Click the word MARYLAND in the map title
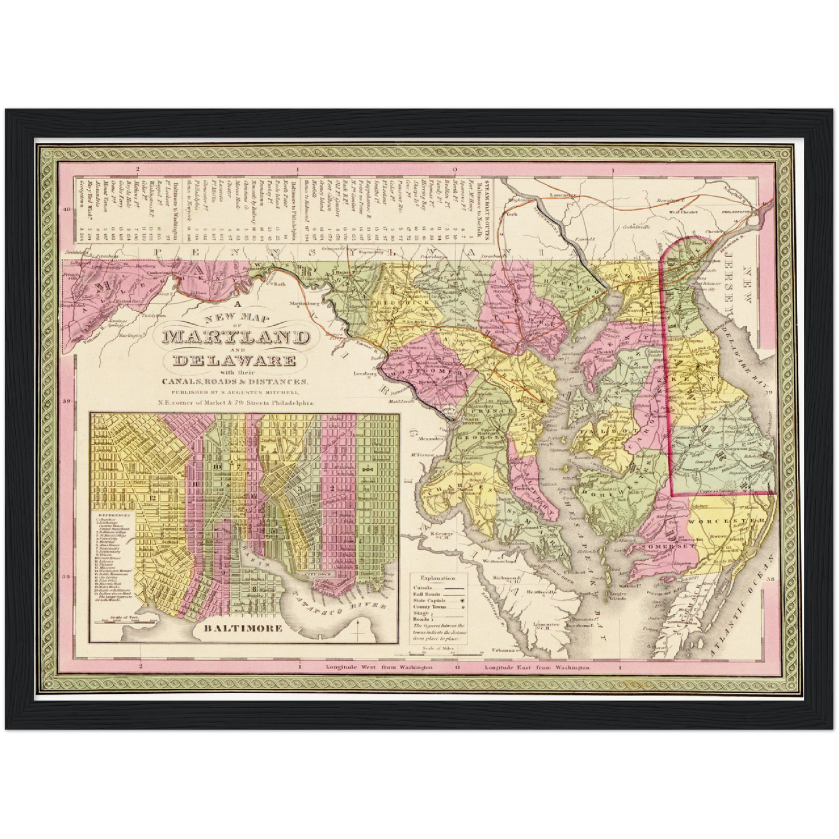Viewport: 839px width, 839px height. (236, 337)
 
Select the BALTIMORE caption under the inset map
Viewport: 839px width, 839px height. (243, 628)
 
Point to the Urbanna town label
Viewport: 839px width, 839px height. (515, 649)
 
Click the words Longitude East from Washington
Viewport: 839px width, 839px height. (537, 668)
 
